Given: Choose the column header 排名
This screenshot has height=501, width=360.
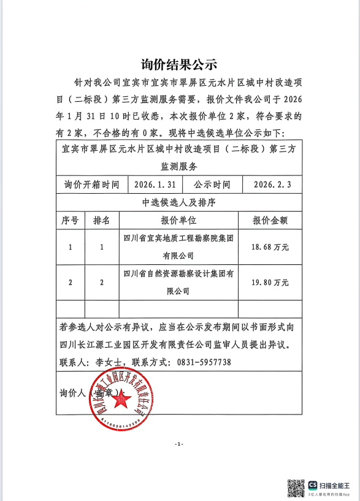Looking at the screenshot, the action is click(x=102, y=220).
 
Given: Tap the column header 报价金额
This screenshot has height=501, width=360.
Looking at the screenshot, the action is click(x=270, y=220).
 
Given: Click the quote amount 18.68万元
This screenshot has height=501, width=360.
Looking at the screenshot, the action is click(x=270, y=247).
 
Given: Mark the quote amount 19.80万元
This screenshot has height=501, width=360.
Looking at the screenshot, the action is click(x=270, y=282).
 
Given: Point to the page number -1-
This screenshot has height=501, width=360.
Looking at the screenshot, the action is click(x=178, y=443).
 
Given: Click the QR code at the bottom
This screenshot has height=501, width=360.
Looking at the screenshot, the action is click(x=296, y=488).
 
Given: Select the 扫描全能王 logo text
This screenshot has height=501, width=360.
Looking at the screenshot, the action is click(x=335, y=484).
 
